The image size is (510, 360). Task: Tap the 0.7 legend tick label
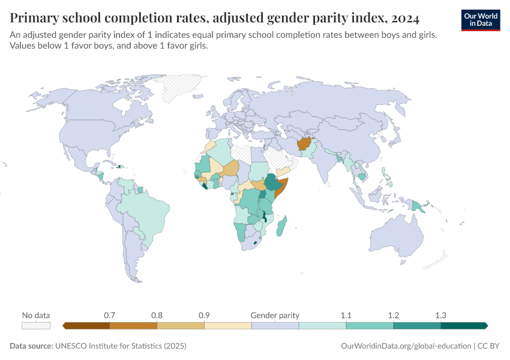pos(110,315)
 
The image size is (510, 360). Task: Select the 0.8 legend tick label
pos(157,315)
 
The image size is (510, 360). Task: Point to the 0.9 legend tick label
pos(204,315)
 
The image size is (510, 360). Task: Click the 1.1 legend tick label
pos(346,315)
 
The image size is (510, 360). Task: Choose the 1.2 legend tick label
pos(394,315)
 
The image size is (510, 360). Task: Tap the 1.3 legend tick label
pos(440,315)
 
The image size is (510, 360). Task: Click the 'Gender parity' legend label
pos(275,315)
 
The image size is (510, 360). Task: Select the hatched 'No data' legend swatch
pos(36,326)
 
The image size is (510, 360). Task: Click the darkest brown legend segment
pos(86,326)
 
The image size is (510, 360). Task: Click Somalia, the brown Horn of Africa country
pos(282,186)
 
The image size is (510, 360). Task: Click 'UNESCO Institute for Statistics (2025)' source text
pos(121,346)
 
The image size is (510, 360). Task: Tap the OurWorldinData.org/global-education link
pos(405,346)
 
